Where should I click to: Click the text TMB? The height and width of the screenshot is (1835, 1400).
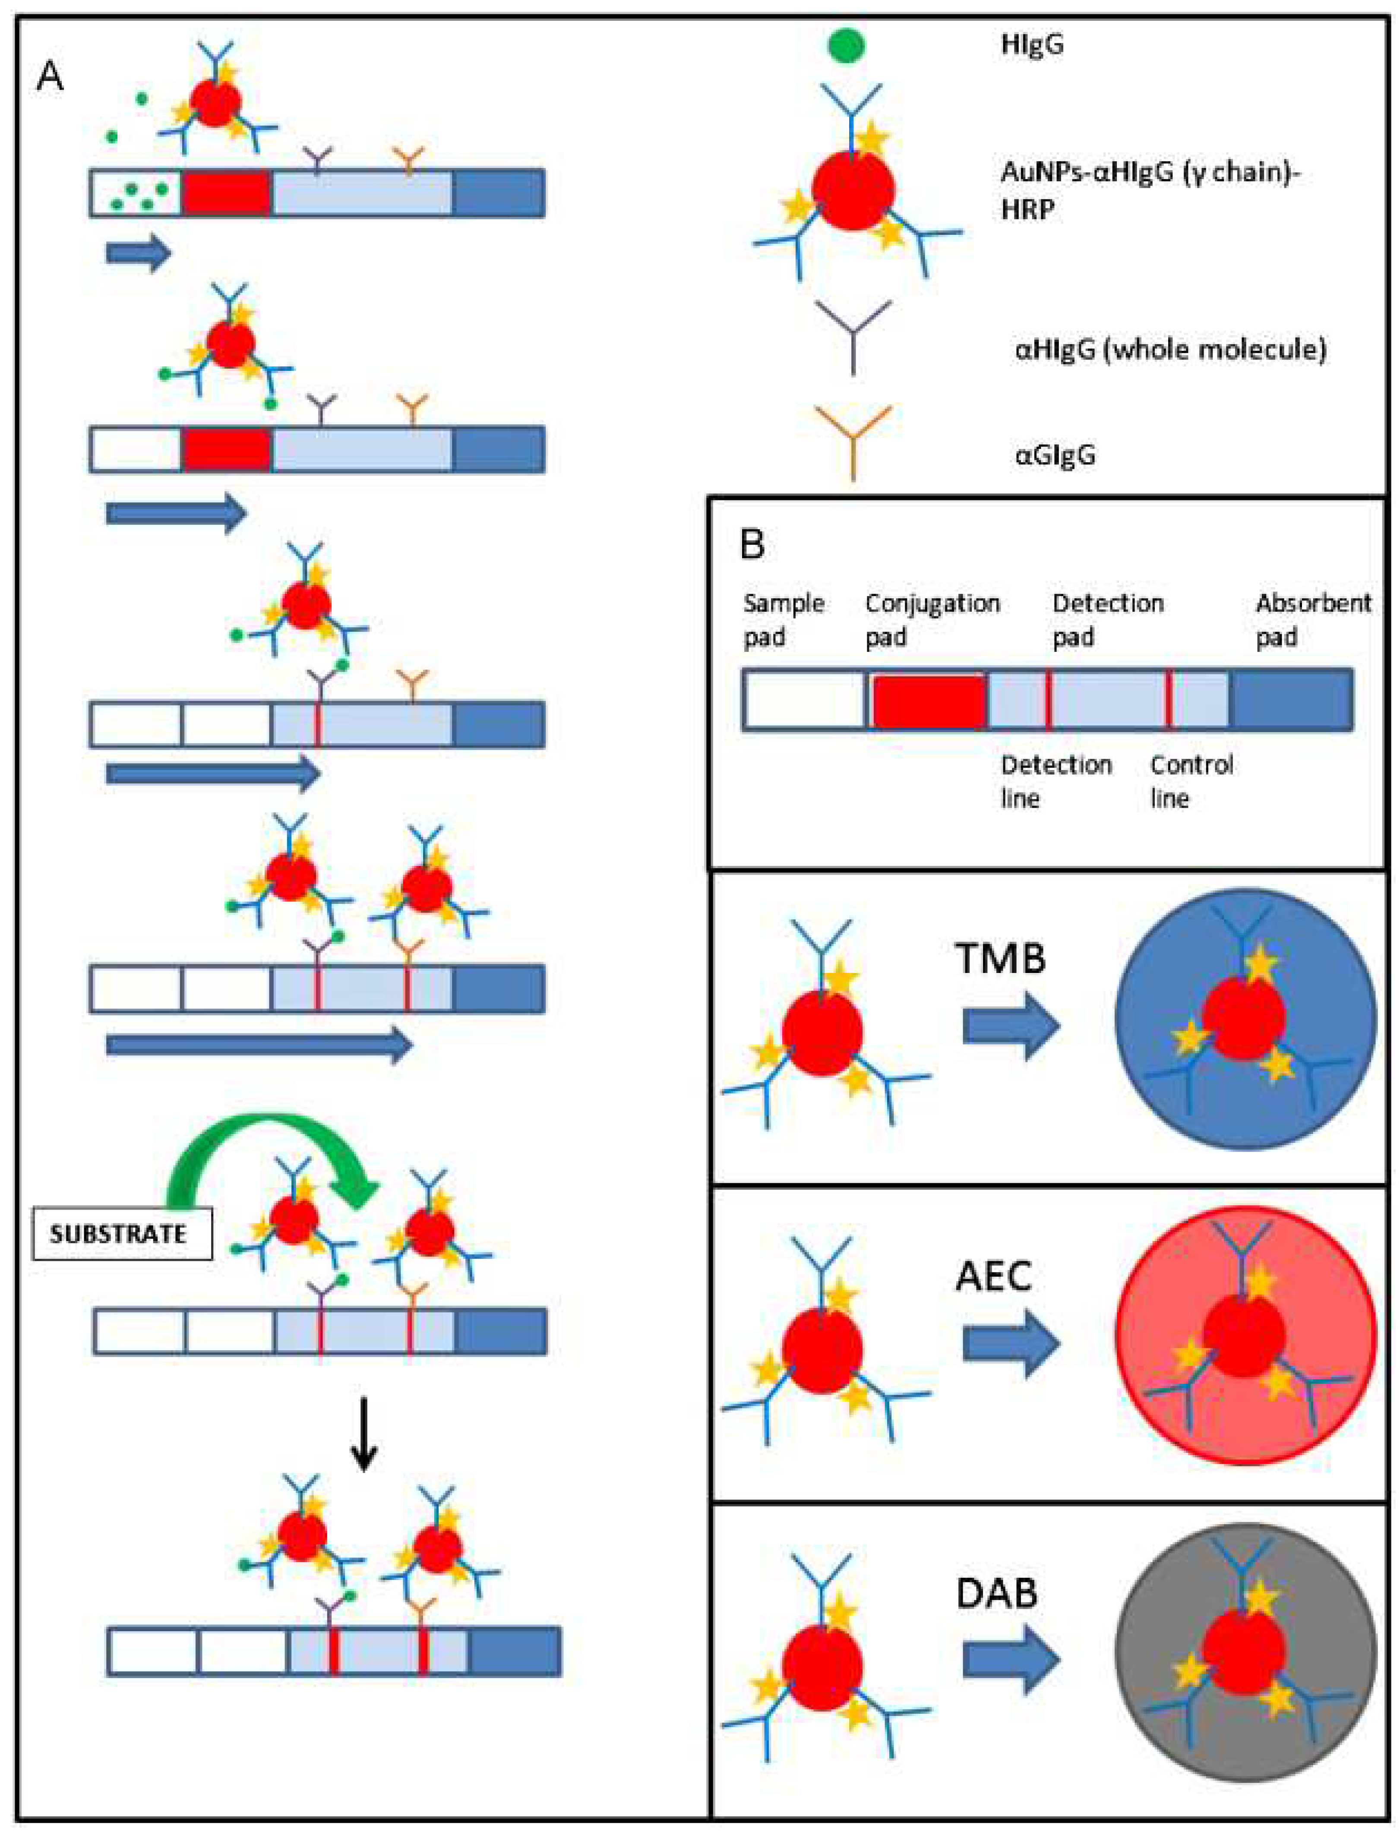pyautogui.click(x=1000, y=958)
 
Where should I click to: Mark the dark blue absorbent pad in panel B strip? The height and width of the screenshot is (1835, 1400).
pyautogui.click(x=1292, y=700)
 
